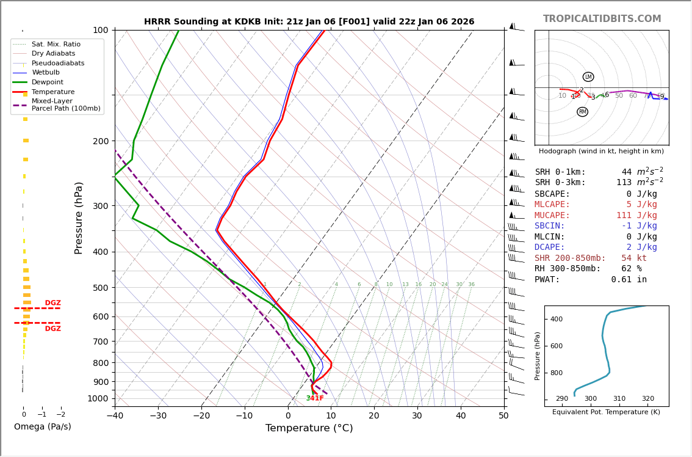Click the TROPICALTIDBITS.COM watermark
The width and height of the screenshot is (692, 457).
(x=602, y=19)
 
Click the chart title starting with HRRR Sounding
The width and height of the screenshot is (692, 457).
(x=309, y=22)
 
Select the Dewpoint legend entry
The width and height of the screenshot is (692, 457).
(x=47, y=82)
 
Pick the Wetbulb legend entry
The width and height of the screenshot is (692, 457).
(x=46, y=73)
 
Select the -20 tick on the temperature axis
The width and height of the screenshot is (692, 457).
(x=201, y=416)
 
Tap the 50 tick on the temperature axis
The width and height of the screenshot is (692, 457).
(x=503, y=416)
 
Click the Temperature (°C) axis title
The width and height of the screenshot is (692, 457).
(x=309, y=428)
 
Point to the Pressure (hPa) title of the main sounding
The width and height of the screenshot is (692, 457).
(x=79, y=218)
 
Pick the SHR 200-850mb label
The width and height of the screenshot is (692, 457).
(x=570, y=258)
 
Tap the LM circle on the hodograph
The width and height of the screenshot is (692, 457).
(x=588, y=77)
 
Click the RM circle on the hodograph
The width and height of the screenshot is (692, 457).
(x=582, y=112)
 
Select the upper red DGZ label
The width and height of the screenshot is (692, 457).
(x=53, y=303)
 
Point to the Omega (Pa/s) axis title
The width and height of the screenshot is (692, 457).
(x=42, y=427)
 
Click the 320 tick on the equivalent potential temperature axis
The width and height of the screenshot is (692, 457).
(x=647, y=399)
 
